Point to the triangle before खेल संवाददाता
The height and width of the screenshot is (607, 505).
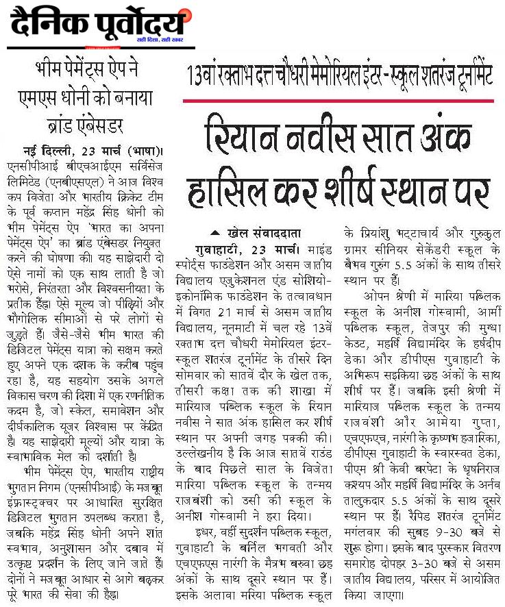(216, 232)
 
